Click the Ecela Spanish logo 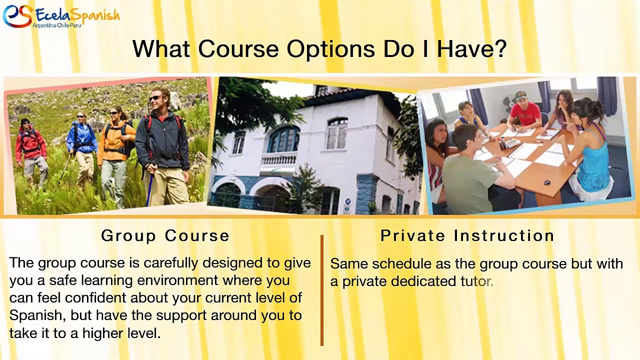pos(61,16)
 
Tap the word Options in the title pos(330,49)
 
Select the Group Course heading pos(165,235)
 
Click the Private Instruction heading pos(467,235)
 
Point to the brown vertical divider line pos(322,290)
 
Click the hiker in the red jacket pos(30,152)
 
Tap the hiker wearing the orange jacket pos(115,154)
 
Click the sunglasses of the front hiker pos(155,98)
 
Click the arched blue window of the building pos(283,139)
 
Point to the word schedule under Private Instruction pos(401,263)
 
